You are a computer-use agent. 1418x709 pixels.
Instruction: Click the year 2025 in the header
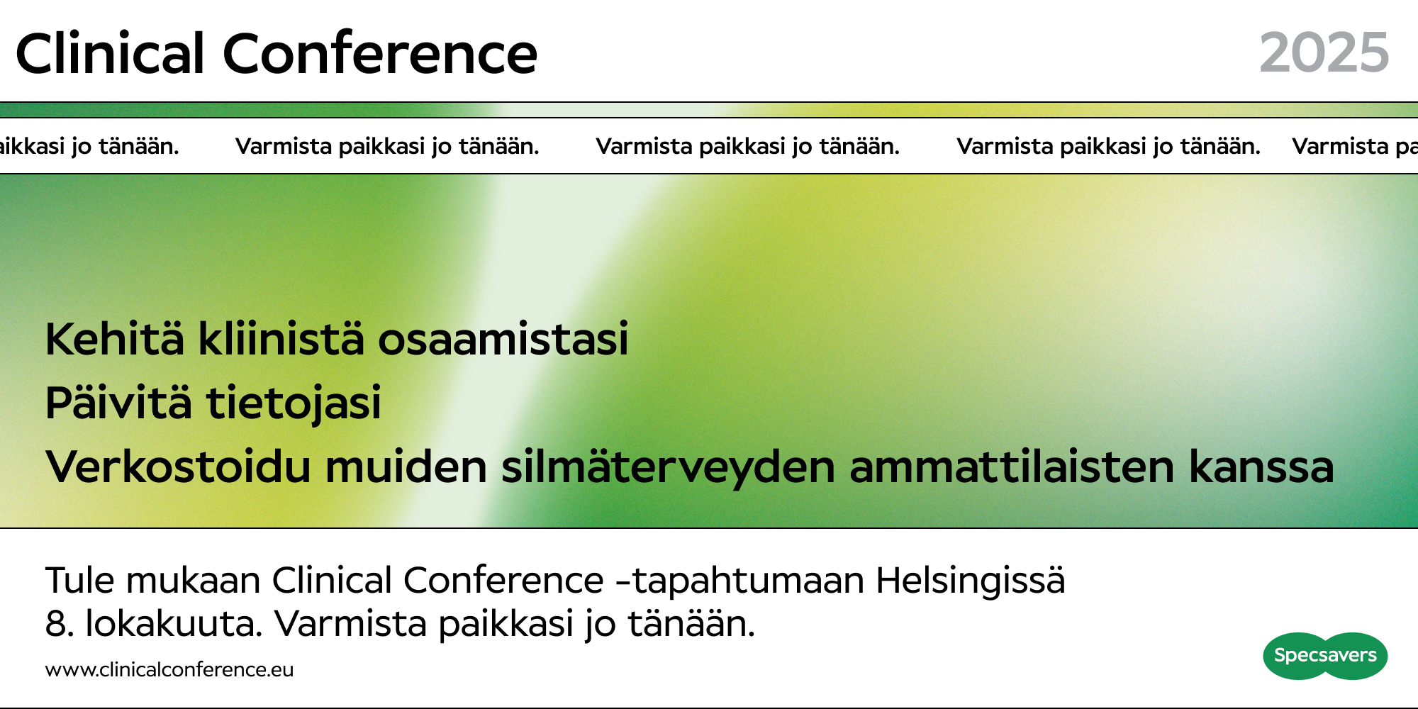[1324, 53]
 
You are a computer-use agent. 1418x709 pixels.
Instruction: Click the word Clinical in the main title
[110, 53]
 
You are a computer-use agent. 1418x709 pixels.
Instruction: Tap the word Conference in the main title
[380, 53]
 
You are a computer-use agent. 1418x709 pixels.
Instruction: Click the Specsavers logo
[1325, 656]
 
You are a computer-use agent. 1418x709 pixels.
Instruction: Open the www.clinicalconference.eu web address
[169, 670]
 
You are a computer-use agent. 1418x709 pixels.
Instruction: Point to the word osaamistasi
[503, 339]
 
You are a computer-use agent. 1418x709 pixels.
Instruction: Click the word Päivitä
[118, 403]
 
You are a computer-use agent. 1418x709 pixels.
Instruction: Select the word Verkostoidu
[178, 467]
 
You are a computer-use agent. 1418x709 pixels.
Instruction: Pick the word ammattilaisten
[1012, 467]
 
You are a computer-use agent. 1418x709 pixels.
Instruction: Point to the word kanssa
[1261, 467]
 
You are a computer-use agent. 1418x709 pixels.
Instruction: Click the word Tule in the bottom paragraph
[80, 581]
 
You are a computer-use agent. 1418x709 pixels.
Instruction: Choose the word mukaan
[194, 581]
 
